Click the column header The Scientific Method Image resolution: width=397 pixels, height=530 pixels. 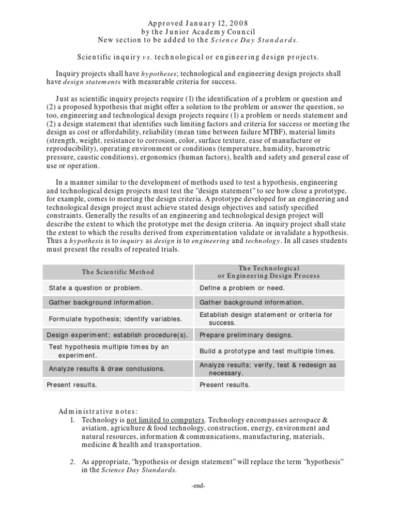pos(118,272)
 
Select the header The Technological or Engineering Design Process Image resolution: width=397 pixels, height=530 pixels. pos(269,272)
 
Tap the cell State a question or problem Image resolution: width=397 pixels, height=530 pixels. pos(95,288)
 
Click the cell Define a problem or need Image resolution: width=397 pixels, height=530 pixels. pos(242,288)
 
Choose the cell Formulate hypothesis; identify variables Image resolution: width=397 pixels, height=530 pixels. pos(115,319)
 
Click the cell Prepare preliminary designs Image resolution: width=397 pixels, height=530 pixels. pos(246,335)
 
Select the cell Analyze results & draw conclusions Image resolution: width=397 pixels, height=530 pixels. pos(107,369)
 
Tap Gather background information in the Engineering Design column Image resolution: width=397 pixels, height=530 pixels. pos(252,302)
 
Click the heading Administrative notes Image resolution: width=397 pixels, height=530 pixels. pos(98,411)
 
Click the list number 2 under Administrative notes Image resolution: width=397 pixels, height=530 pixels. pos(73,462)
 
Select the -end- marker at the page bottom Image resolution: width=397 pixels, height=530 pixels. pos(198,487)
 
